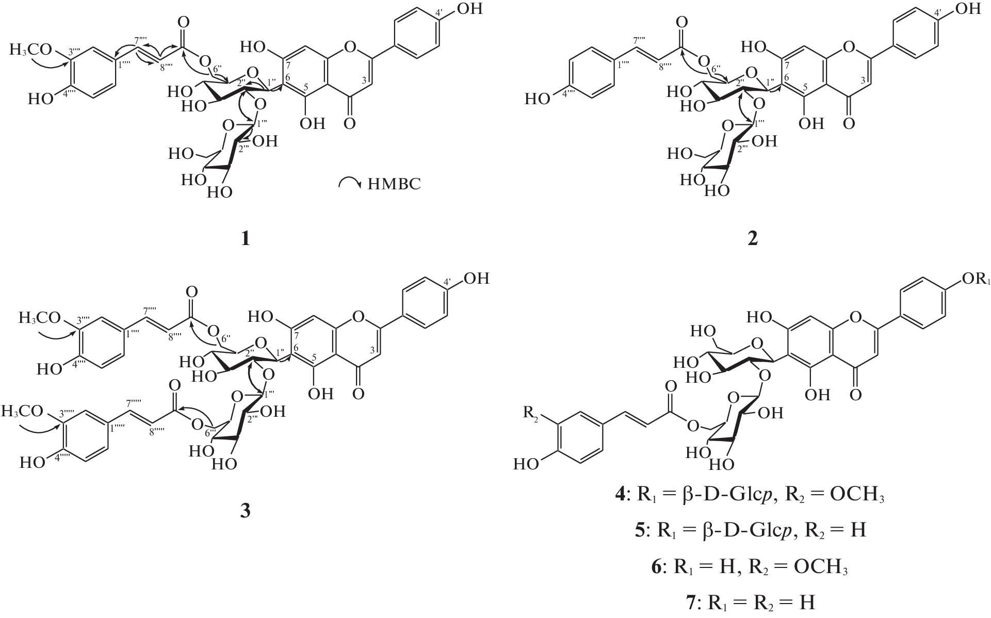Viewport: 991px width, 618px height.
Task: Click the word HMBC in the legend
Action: [x=394, y=184]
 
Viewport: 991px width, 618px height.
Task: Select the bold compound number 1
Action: [x=246, y=238]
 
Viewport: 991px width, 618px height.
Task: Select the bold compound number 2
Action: [x=753, y=238]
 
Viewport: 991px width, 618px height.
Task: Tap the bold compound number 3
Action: [x=246, y=510]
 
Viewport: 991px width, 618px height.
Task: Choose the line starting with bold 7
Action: [x=754, y=602]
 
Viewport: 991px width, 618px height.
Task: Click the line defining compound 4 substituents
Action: [x=754, y=496]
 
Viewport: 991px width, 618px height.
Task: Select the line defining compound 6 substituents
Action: [x=754, y=567]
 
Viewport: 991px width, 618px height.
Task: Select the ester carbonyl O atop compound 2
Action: [x=682, y=22]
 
